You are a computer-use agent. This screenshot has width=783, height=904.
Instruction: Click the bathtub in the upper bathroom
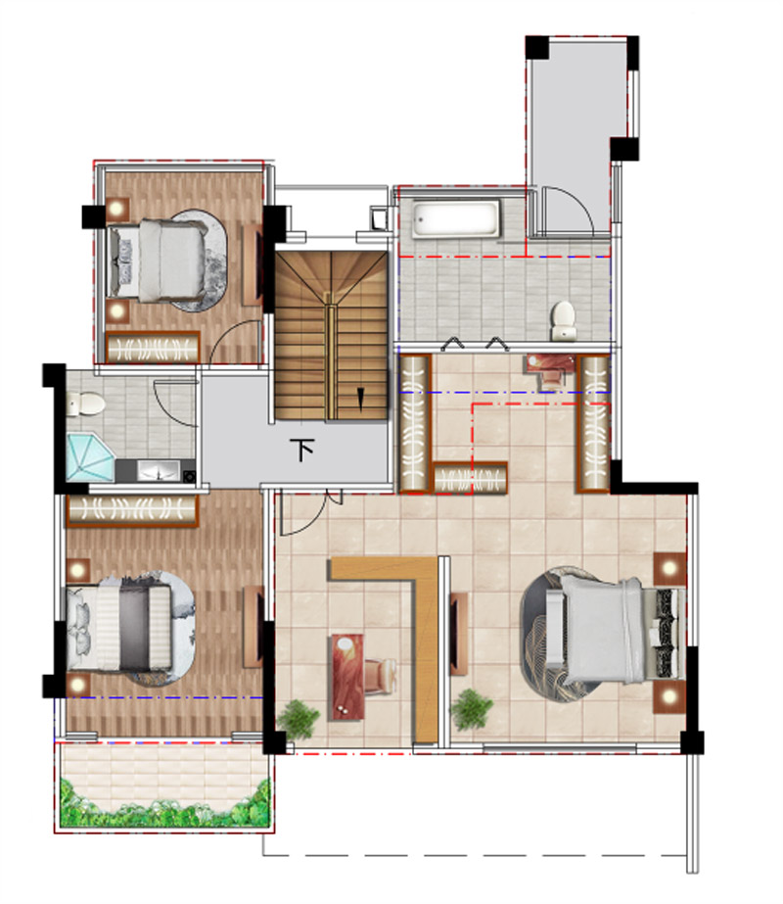pos(456,219)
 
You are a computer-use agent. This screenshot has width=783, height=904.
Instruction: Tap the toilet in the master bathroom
pos(563,320)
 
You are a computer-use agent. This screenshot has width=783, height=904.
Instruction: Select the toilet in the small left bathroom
pos(85,404)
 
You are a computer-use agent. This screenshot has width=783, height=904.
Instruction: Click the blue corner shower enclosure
pos(90,457)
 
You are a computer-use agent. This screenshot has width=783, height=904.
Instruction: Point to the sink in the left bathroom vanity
pos(158,470)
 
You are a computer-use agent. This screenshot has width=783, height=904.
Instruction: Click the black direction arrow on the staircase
pos(361,399)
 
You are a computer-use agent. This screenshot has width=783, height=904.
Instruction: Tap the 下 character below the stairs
pos(302,450)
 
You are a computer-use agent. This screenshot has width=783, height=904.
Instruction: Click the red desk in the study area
pos(346,677)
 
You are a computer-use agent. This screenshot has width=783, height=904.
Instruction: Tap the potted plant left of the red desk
pos(298,719)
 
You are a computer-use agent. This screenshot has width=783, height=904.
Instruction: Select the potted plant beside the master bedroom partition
pos(472,709)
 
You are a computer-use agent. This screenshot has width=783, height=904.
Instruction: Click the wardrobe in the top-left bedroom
pos(153,347)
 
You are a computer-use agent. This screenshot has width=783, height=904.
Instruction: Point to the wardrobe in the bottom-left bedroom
pos(132,510)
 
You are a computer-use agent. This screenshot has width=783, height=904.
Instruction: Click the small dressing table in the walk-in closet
pos(550,369)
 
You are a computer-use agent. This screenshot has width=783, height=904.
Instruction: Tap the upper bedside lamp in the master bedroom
pos(669,568)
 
